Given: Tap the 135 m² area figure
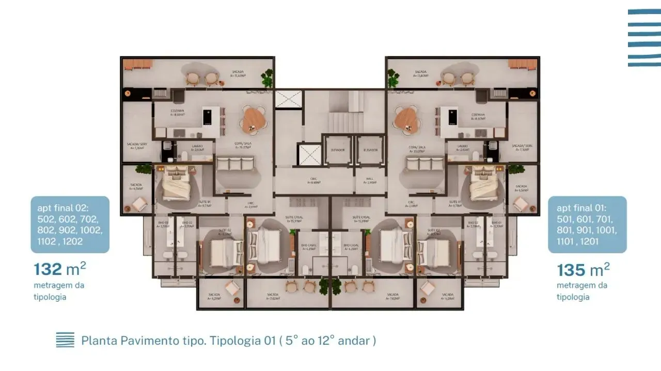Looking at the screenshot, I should pyautogui.click(x=583, y=269).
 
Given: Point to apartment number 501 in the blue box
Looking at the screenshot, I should pyautogui.click(x=567, y=219).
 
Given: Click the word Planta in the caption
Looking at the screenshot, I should pyautogui.click(x=99, y=341).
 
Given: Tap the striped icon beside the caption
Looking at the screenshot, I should pyautogui.click(x=65, y=340).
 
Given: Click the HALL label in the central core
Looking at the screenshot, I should pyautogui.click(x=370, y=180).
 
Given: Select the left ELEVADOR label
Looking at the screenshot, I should pyautogui.click(x=337, y=150).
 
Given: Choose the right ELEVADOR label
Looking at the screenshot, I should pyautogui.click(x=370, y=150).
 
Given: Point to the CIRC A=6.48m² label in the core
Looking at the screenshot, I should pyautogui.click(x=314, y=180).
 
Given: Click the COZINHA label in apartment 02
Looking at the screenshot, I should pyautogui.click(x=177, y=113).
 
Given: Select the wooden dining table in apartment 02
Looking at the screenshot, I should pyautogui.click(x=253, y=119).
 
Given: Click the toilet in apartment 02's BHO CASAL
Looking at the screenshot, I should pyautogui.click(x=305, y=269).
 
